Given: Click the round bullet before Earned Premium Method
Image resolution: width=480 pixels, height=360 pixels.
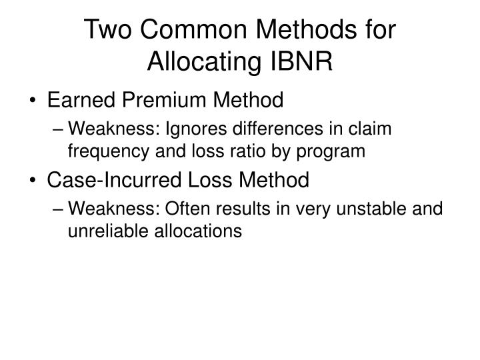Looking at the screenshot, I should coord(34,101).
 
